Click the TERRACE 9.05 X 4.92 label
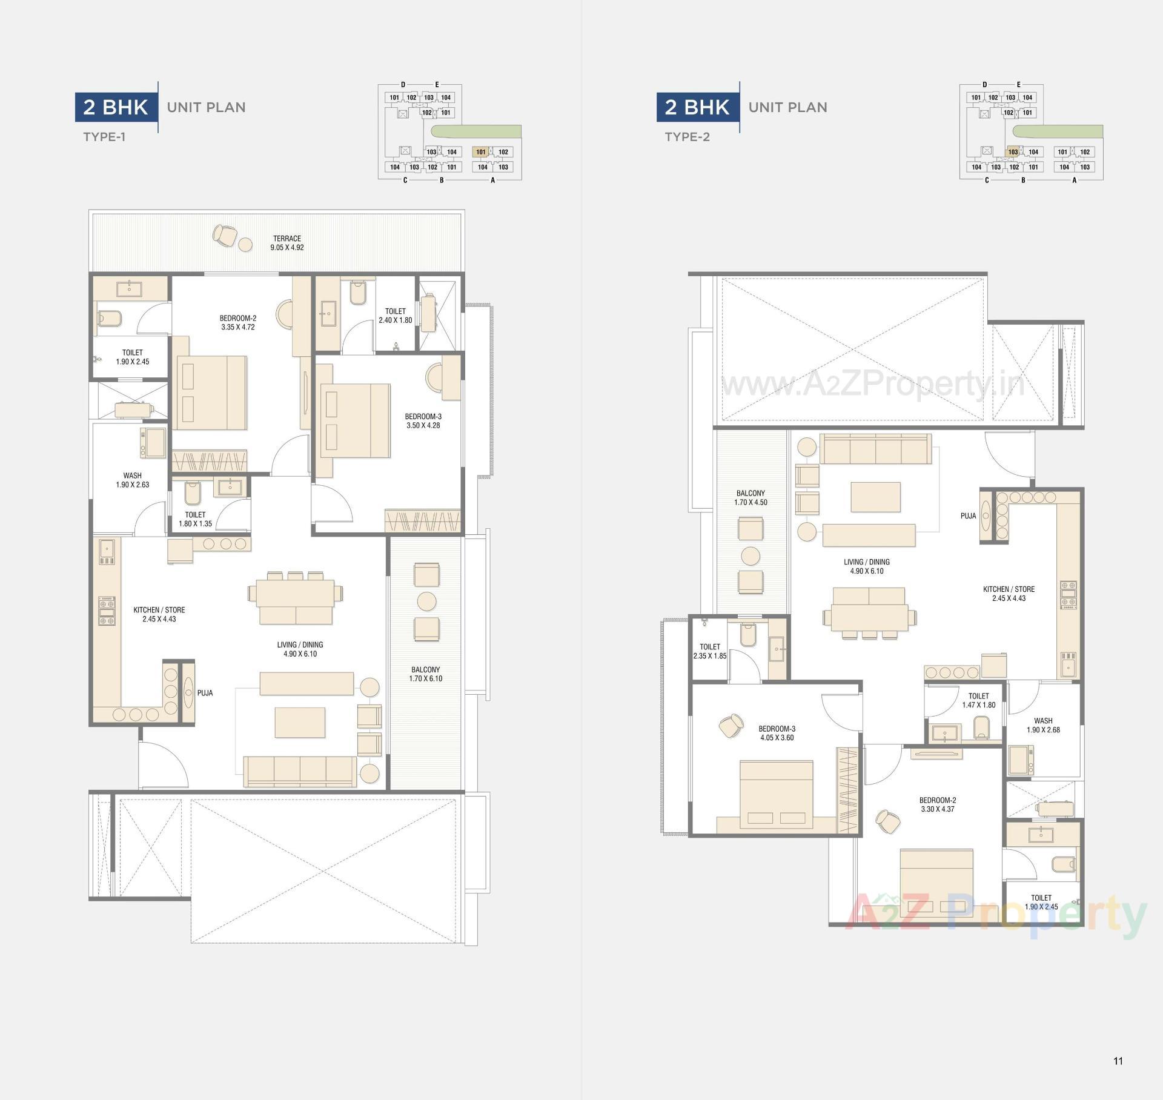[x=287, y=243]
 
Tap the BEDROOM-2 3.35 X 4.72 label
[x=238, y=322]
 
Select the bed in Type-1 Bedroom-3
[x=354, y=420]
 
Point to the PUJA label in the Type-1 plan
[x=205, y=693]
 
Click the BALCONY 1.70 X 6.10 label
[x=425, y=674]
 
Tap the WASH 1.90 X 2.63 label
[x=132, y=480]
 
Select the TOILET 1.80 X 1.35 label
[x=195, y=519]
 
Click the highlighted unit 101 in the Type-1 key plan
[x=481, y=152]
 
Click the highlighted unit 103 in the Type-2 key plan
[x=1013, y=152]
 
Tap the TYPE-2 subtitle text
[x=687, y=137]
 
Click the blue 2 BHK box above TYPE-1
[x=116, y=107]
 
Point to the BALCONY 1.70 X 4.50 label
[x=750, y=498]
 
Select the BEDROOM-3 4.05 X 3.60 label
[x=777, y=733]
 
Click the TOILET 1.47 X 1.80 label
[x=978, y=700]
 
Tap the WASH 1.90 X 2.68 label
[x=1042, y=725]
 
